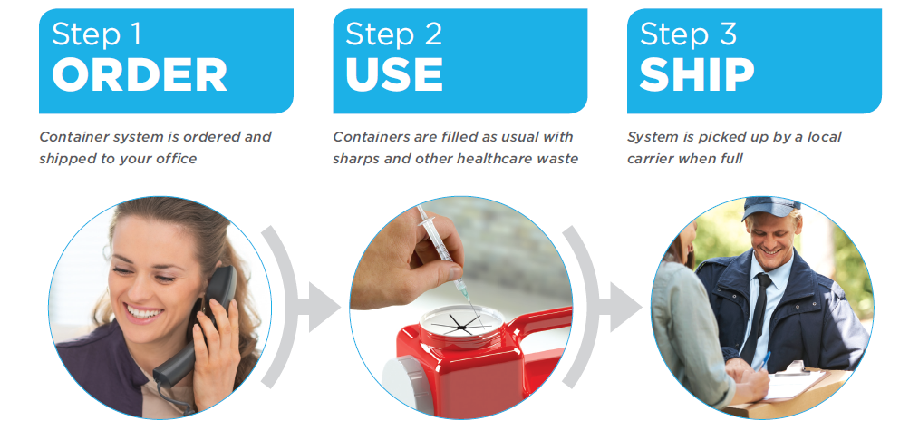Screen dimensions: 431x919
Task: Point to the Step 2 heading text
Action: pos(393,34)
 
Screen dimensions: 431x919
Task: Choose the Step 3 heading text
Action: pos(688,34)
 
